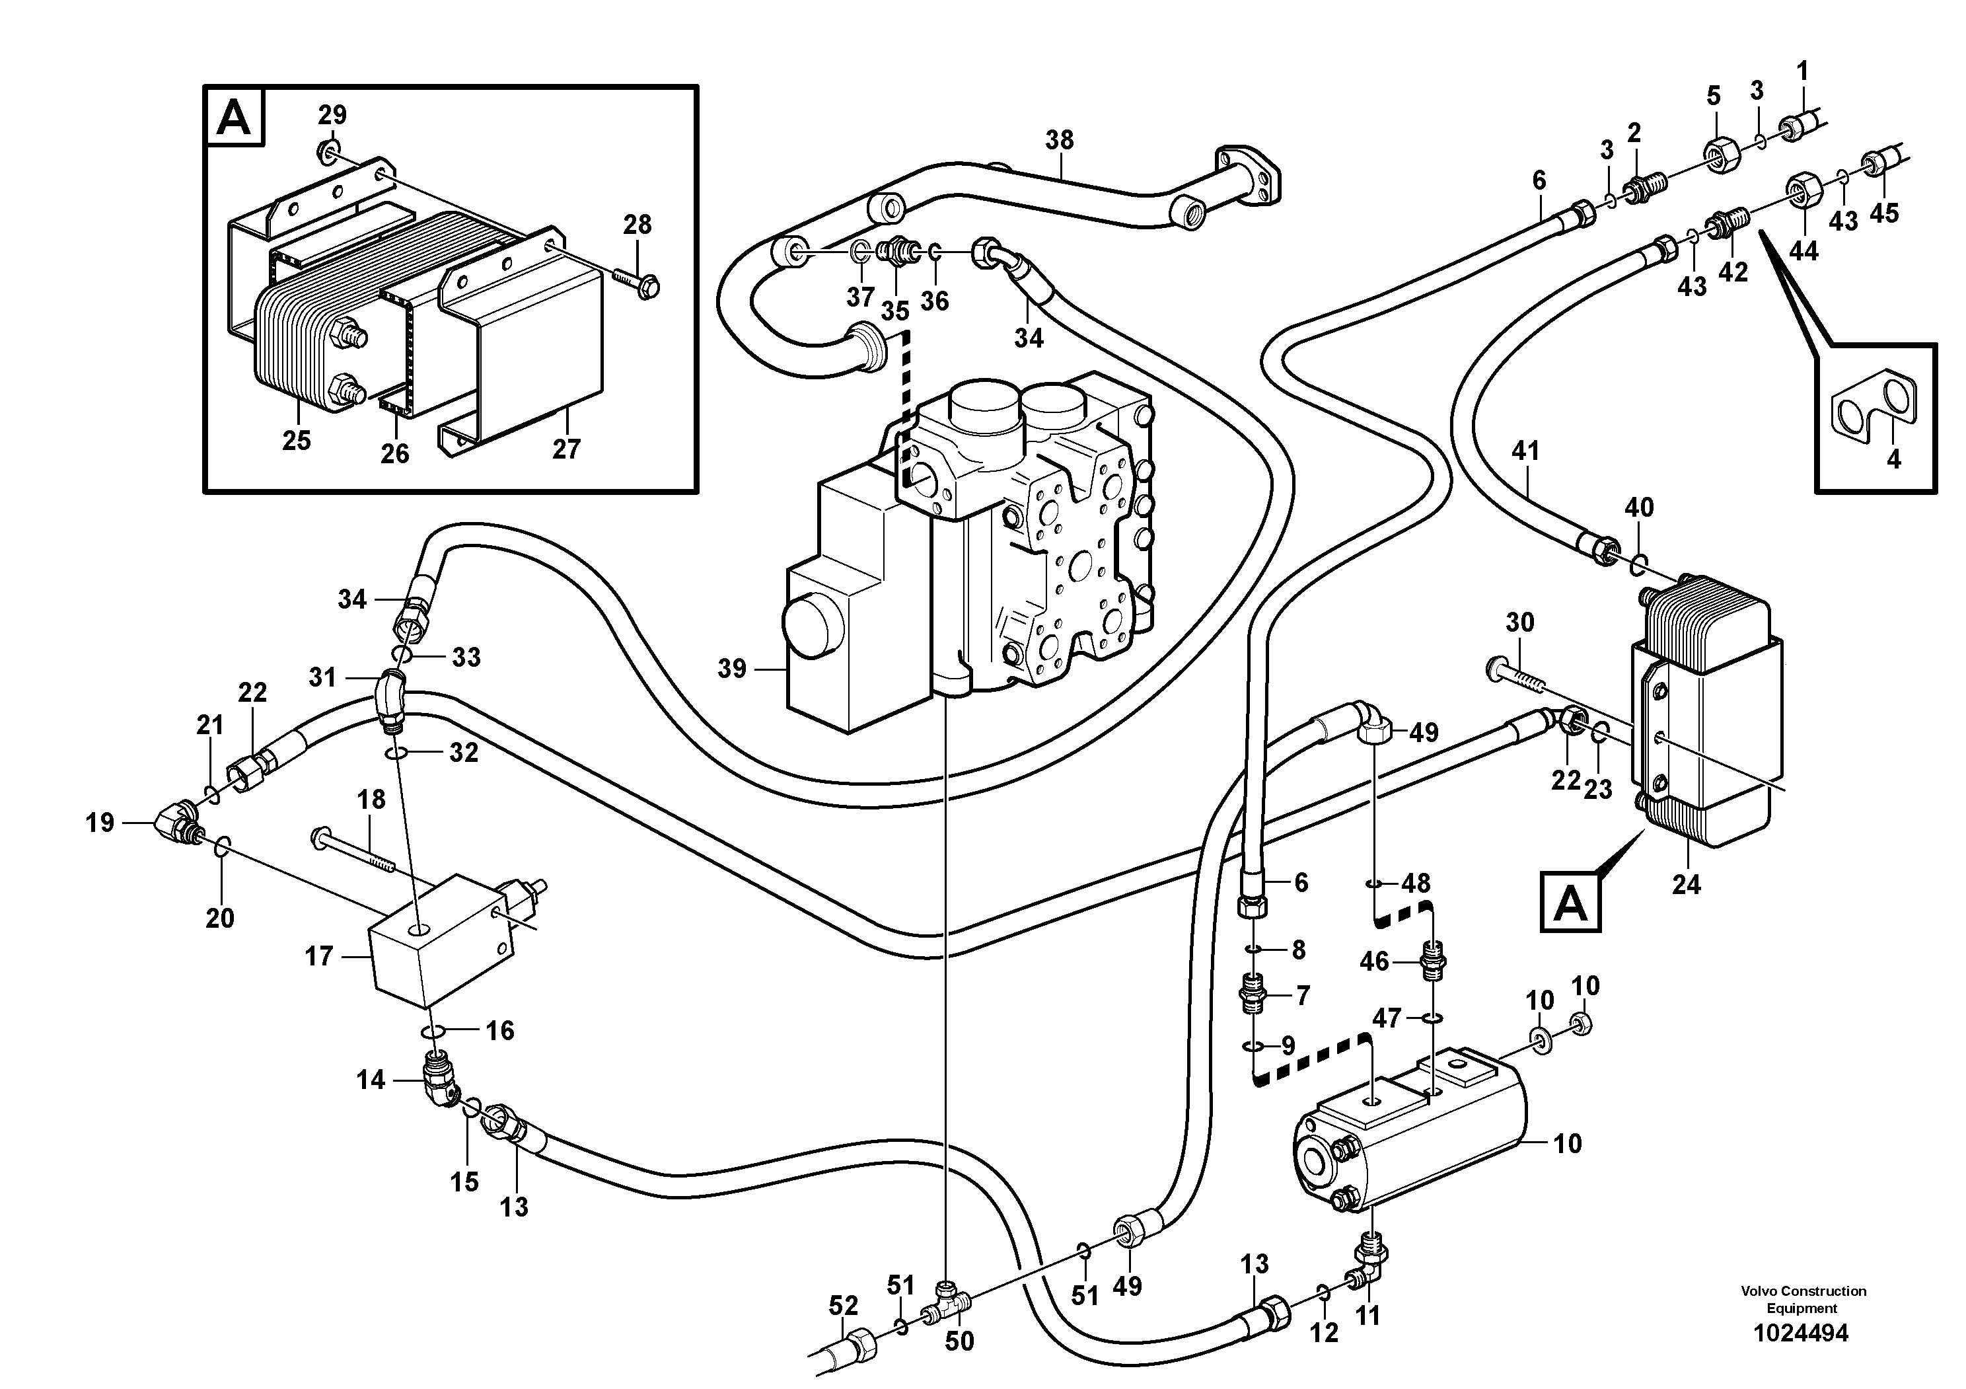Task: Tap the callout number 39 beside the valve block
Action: point(732,668)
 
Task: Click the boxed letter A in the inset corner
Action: point(234,118)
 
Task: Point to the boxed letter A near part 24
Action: point(1570,902)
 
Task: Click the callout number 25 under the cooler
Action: point(296,440)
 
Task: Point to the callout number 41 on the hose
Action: point(1525,451)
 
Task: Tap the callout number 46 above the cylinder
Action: point(1374,961)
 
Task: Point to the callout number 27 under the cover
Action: point(566,449)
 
